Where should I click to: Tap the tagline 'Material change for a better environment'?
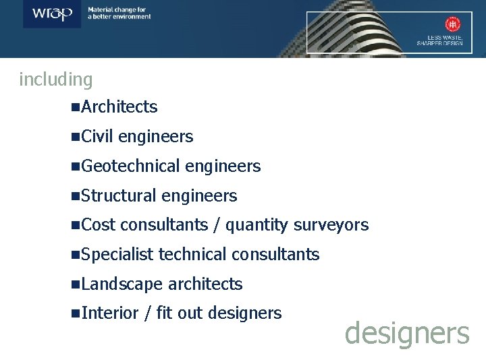[x=119, y=13]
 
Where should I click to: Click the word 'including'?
[x=56, y=80]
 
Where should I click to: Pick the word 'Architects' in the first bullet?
[x=119, y=107]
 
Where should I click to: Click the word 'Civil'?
[x=97, y=136]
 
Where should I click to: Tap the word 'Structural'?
[x=119, y=196]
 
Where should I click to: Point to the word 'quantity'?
[x=257, y=225]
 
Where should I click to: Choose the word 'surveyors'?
[x=331, y=225]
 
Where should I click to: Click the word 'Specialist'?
[x=117, y=255]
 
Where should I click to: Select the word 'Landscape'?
[x=122, y=284]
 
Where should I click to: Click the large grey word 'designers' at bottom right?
[x=406, y=333]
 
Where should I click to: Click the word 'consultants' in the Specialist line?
[x=275, y=254]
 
